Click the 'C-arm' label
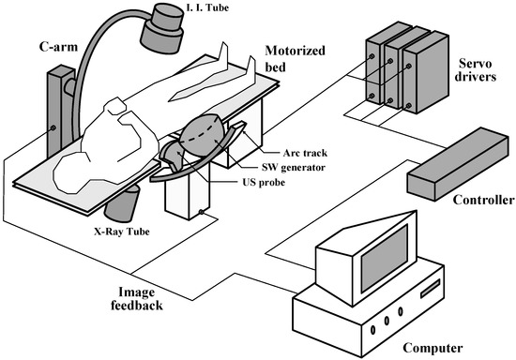[58, 47]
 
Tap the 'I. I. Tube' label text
[207, 7]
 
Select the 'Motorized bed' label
[295, 59]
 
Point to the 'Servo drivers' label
[475, 69]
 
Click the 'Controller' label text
[483, 200]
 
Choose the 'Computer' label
[433, 348]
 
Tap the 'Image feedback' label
[137, 298]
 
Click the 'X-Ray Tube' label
[122, 232]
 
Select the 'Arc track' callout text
[305, 153]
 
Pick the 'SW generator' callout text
[294, 167]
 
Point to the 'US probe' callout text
[264, 182]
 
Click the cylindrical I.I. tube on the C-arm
[162, 29]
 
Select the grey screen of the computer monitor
[385, 259]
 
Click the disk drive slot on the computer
[430, 289]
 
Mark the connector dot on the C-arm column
[53, 127]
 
